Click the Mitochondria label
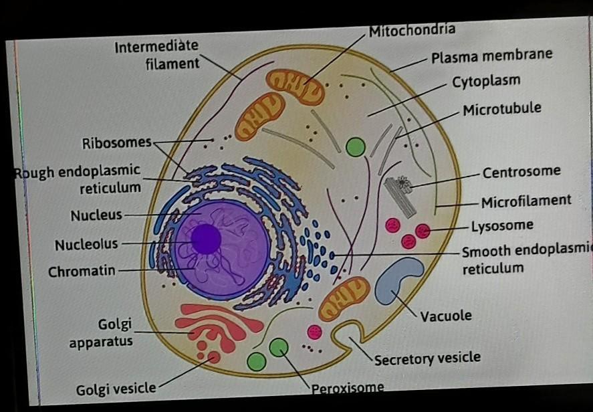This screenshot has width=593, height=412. [412, 30]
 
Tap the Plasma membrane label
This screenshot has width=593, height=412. [491, 56]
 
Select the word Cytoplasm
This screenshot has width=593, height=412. [486, 82]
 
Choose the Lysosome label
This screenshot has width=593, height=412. [502, 225]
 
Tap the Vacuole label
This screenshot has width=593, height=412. [446, 316]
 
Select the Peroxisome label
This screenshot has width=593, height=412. [348, 387]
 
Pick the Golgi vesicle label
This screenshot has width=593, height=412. [116, 388]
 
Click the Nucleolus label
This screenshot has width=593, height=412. [86, 245]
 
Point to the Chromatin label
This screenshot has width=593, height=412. [82, 272]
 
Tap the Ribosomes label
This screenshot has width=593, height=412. [117, 143]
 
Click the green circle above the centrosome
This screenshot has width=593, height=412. [356, 146]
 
